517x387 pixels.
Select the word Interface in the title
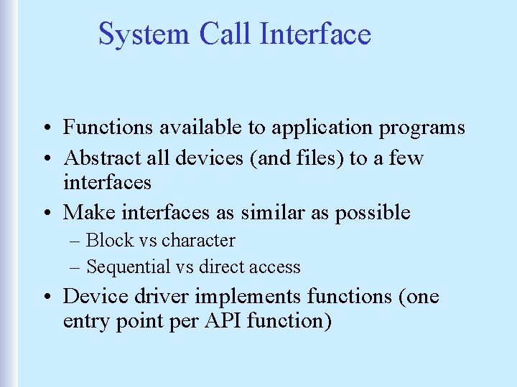pos(316,34)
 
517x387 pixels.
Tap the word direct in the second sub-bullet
pos(221,267)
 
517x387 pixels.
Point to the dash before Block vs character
pos(77,241)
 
